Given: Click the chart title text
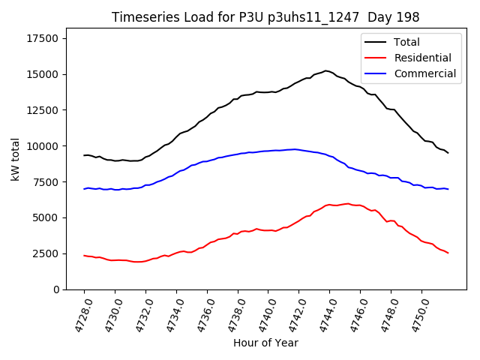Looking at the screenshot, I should [265, 17].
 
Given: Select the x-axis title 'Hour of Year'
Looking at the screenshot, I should [265, 343].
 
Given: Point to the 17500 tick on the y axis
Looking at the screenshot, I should [43, 39].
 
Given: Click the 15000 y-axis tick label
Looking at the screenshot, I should [43, 74].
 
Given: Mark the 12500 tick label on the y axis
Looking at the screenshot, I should [43, 110].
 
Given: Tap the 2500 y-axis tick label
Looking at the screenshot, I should [46, 253].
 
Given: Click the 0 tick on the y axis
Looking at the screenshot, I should [56, 289].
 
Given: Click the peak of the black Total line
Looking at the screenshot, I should [326, 70].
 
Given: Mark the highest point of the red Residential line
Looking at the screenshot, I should [347, 203].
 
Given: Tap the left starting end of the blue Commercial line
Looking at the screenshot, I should [84, 189].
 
